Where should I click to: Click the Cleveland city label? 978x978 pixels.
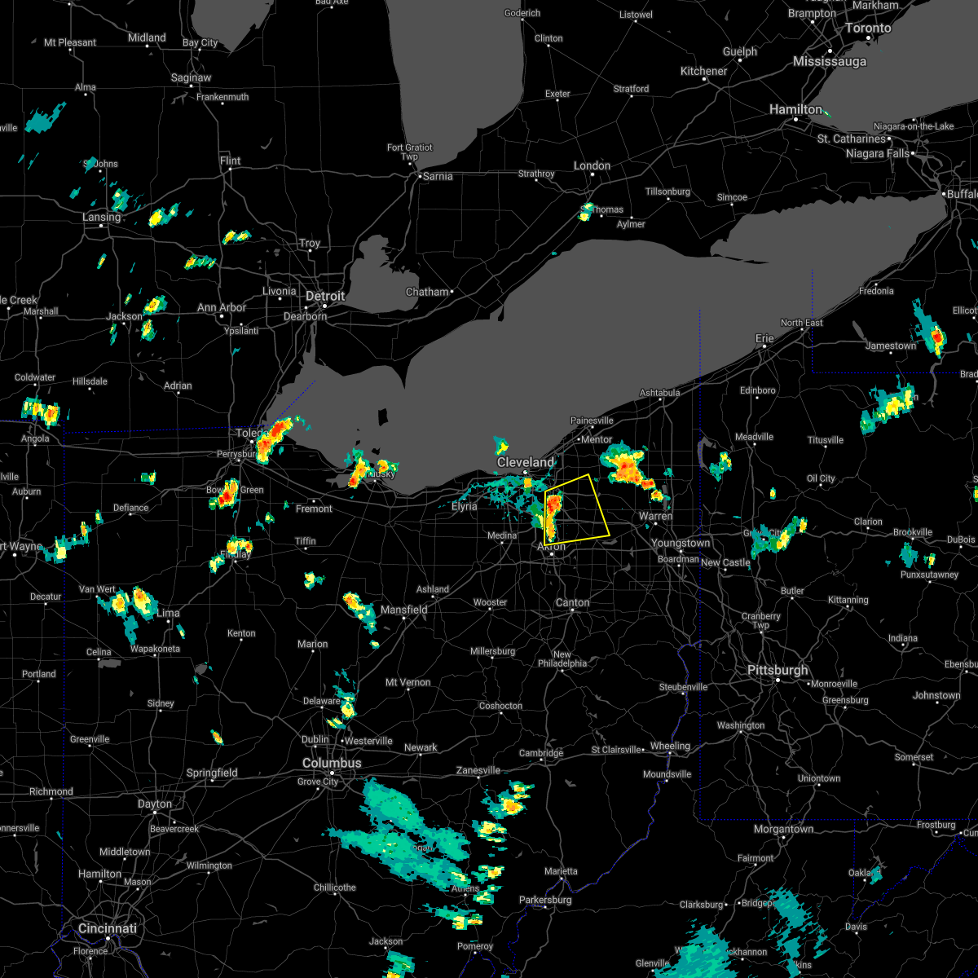pyautogui.click(x=526, y=462)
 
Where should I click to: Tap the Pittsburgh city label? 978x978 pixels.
pyautogui.click(x=778, y=670)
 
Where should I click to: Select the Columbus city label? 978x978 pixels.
pyautogui.click(x=332, y=763)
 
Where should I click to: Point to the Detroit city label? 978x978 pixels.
pyautogui.click(x=326, y=296)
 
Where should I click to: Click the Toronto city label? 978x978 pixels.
pyautogui.click(x=867, y=28)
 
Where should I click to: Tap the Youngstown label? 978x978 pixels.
pyautogui.click(x=681, y=543)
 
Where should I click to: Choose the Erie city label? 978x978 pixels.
pyautogui.click(x=764, y=338)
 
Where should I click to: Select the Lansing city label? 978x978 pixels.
pyautogui.click(x=101, y=217)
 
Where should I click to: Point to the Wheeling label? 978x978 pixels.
pyautogui.click(x=669, y=746)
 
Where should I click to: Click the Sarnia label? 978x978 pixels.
pyautogui.click(x=436, y=176)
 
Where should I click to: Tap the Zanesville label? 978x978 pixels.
pyautogui.click(x=478, y=770)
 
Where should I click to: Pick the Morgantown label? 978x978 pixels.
pyautogui.click(x=782, y=829)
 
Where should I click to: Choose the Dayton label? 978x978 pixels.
pyautogui.click(x=154, y=804)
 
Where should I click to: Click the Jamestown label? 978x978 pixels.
pyautogui.click(x=891, y=346)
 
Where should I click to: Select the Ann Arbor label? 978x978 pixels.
pyautogui.click(x=222, y=307)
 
